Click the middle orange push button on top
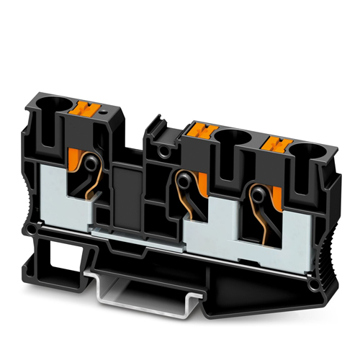[198, 131]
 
